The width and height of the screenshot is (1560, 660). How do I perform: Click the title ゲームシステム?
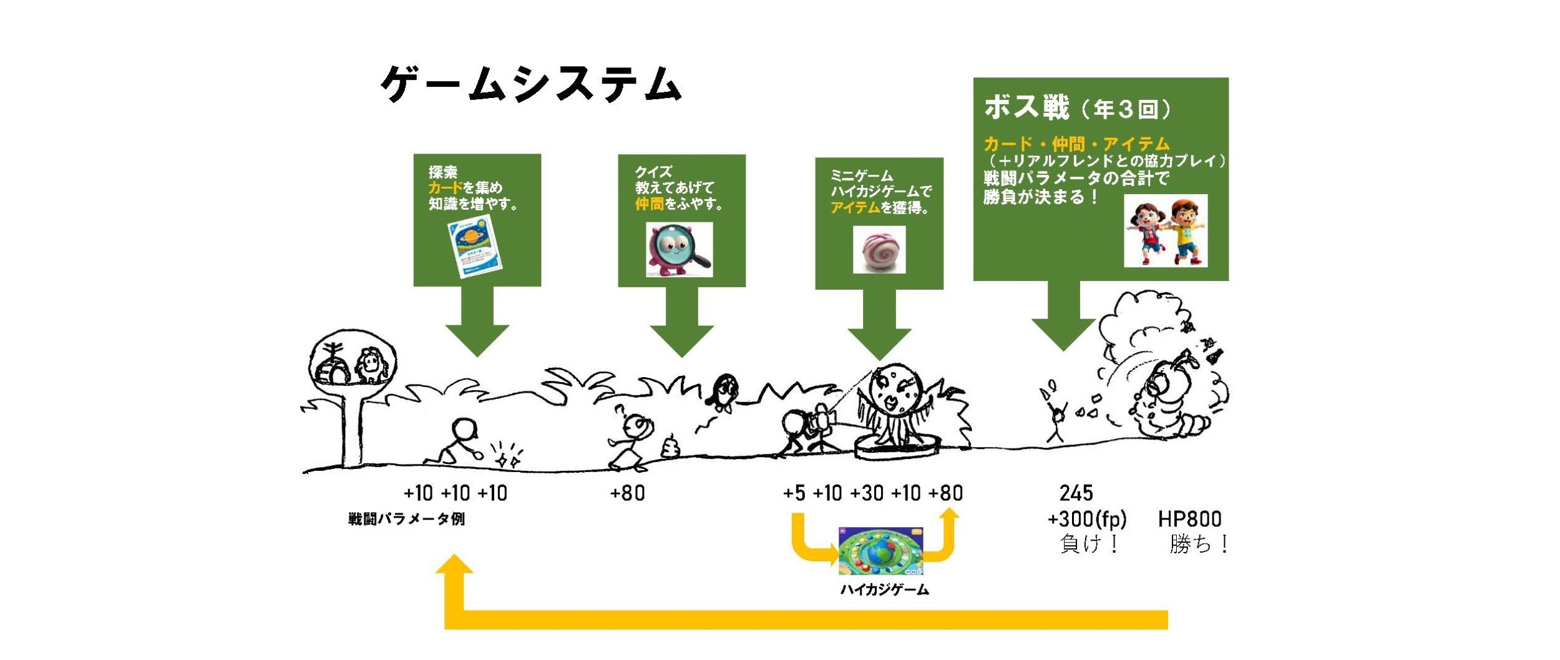530,84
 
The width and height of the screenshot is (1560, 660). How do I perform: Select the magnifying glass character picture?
679,250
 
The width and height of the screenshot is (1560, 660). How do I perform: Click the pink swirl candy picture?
879,250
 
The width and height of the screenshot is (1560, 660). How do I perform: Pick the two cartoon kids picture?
1165,231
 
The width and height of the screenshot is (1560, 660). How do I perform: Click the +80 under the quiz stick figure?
627,493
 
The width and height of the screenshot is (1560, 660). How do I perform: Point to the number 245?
1076,493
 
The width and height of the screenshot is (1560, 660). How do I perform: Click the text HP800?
1189,519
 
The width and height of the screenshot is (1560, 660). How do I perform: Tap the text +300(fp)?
1087,519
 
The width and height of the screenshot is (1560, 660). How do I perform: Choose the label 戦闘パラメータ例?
406,519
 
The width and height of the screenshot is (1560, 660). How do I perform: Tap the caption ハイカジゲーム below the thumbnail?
884,590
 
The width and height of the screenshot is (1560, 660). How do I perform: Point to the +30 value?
866,493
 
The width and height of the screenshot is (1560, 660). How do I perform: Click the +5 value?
794,493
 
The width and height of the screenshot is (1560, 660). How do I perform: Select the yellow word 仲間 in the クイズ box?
649,204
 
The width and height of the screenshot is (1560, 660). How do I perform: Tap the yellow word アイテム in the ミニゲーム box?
854,208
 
